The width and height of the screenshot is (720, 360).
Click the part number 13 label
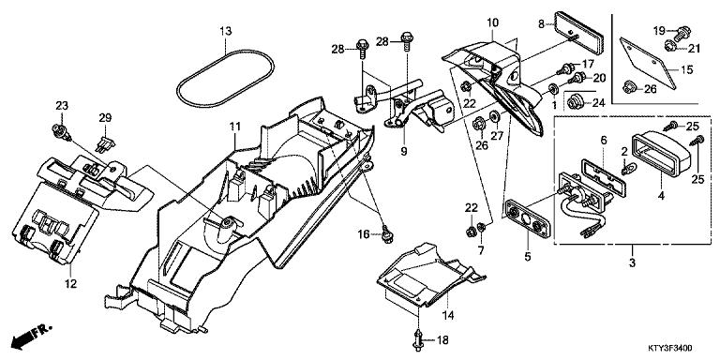click(x=225, y=31)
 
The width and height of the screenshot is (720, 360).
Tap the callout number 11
click(x=234, y=126)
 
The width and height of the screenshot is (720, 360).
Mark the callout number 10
click(x=492, y=22)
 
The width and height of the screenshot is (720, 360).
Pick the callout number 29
click(x=105, y=117)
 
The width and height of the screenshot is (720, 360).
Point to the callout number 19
click(x=659, y=29)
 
